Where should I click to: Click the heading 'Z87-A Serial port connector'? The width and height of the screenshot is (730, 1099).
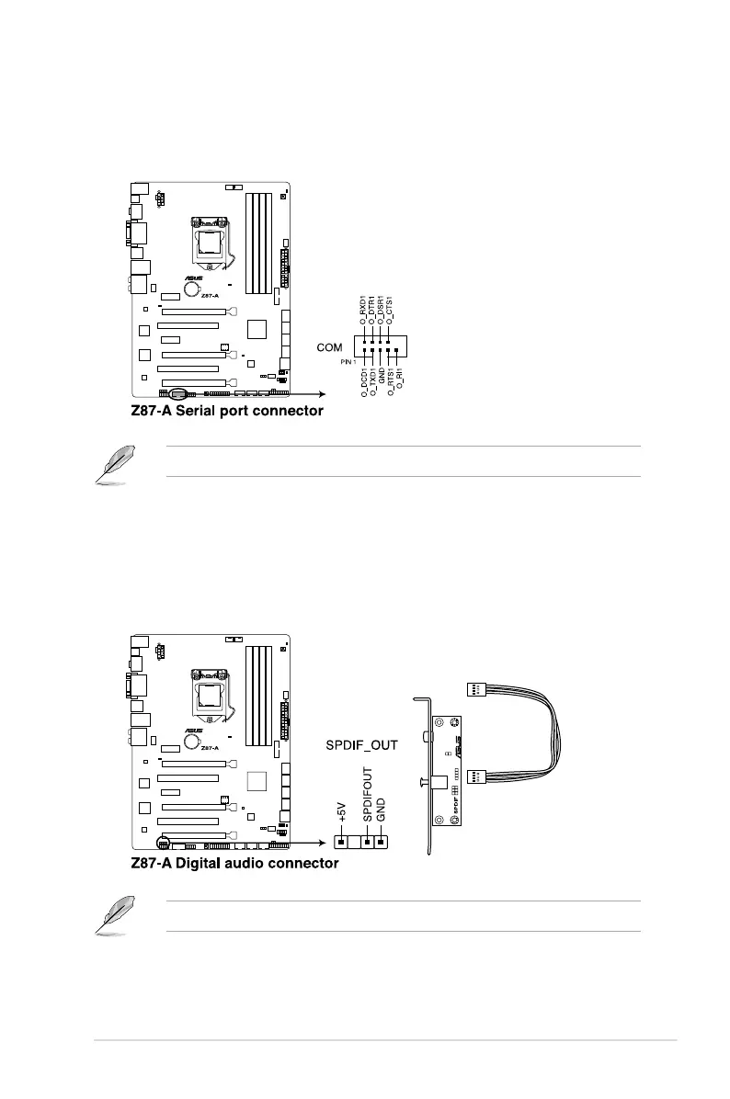226,411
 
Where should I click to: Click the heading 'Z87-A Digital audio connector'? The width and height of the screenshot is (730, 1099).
234,863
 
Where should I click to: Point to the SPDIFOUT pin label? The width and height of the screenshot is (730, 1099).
368,798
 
